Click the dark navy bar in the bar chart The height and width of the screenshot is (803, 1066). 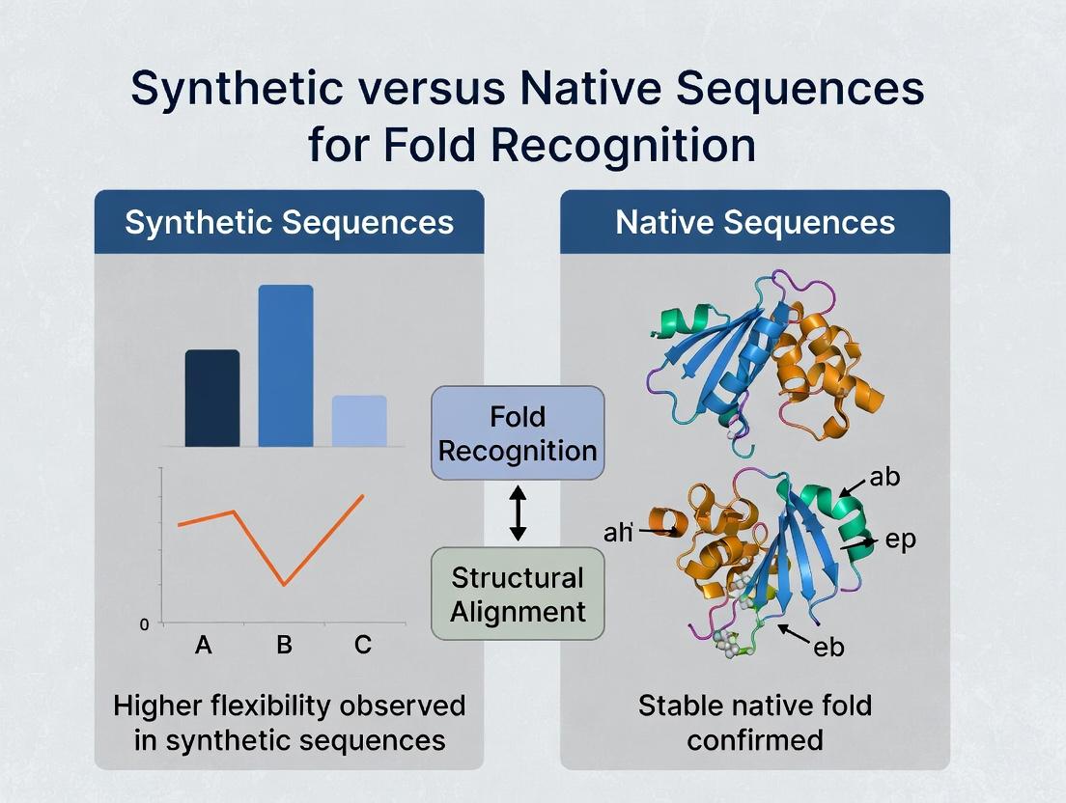click(x=212, y=398)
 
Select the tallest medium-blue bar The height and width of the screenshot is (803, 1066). click(x=286, y=366)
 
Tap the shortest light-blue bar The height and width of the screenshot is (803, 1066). click(x=359, y=421)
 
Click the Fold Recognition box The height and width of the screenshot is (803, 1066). click(x=518, y=433)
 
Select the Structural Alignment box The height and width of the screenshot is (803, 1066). click(x=518, y=594)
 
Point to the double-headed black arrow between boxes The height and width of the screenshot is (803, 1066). click(x=518, y=513)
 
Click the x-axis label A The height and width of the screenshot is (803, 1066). click(x=203, y=645)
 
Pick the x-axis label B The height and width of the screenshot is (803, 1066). click(x=284, y=645)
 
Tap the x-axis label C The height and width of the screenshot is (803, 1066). click(x=363, y=645)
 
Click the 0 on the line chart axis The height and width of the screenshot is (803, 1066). click(x=145, y=624)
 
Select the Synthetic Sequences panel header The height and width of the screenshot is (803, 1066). click(x=289, y=223)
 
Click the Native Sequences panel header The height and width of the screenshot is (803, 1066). click(x=755, y=223)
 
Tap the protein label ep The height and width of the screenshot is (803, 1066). click(x=900, y=540)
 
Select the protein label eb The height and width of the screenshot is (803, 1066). click(x=828, y=647)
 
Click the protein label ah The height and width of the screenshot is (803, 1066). click(x=617, y=531)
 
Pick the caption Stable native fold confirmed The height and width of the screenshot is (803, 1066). click(x=755, y=722)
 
